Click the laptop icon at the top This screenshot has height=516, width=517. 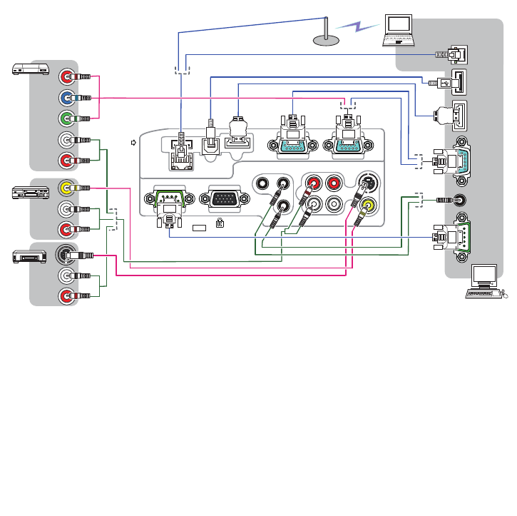pos(399,30)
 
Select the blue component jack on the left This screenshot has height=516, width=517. pos(66,97)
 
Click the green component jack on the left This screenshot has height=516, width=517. pos(66,118)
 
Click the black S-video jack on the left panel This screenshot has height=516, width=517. pos(66,254)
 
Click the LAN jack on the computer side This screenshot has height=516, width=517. pos(457,55)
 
